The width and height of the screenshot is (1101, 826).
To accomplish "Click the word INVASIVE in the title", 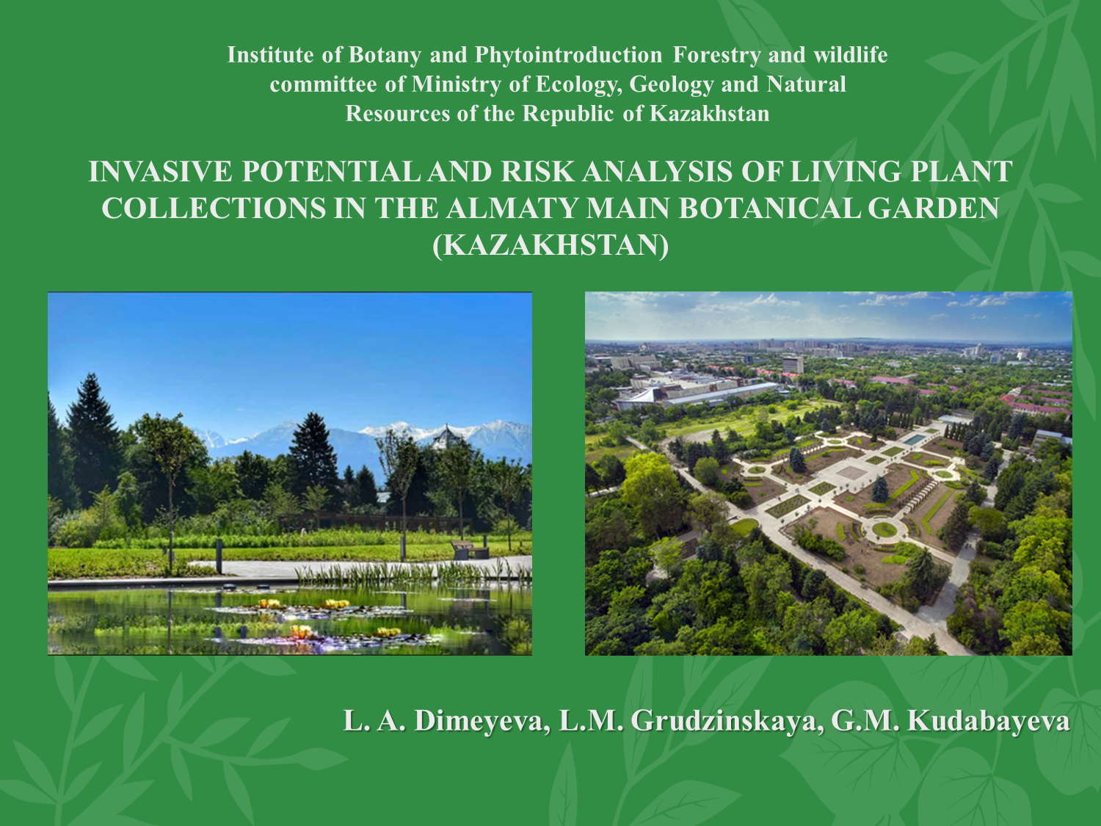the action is point(160,172).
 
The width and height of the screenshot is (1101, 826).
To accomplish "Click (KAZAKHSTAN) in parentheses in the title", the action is point(550,245).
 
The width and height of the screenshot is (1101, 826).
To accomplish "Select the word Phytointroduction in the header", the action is point(568,55).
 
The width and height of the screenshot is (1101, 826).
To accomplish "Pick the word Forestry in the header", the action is point(717,55).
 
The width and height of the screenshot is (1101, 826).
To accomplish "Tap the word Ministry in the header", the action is point(456,84).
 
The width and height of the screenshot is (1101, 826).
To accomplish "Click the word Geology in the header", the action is point(671,84).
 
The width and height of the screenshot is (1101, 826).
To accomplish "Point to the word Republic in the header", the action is point(568,114).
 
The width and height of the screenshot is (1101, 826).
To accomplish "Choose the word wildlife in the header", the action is point(850,55).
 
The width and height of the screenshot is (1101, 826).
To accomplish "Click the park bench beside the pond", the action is point(470,550).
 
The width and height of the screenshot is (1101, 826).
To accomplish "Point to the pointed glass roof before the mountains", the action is point(447,438).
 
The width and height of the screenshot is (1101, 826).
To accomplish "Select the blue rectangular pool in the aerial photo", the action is point(916,439).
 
